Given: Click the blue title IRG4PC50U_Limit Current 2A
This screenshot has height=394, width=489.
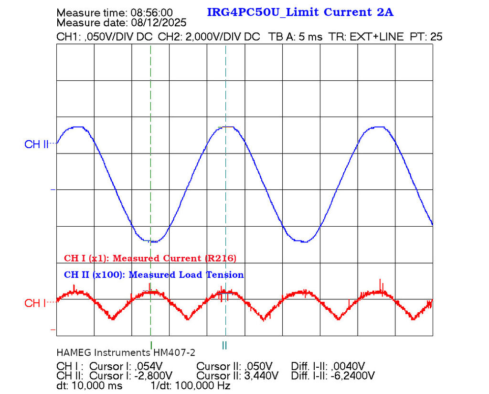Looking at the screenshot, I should pos(300,12).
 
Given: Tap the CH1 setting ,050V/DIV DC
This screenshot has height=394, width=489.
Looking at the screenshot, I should pos(118,37).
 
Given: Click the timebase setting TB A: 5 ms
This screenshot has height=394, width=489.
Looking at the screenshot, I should pos(296,37).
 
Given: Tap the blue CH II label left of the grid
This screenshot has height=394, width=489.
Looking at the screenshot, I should pos(36,144).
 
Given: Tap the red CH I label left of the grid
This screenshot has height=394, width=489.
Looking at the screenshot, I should pos(35,303).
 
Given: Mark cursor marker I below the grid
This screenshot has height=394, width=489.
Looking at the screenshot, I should pos(151,344).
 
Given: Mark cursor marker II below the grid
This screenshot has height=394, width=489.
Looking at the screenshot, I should pos(224,344).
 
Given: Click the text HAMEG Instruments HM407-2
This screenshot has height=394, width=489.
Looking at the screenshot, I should pos(126,353).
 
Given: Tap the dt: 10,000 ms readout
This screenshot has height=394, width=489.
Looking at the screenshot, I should pos(89,385).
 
